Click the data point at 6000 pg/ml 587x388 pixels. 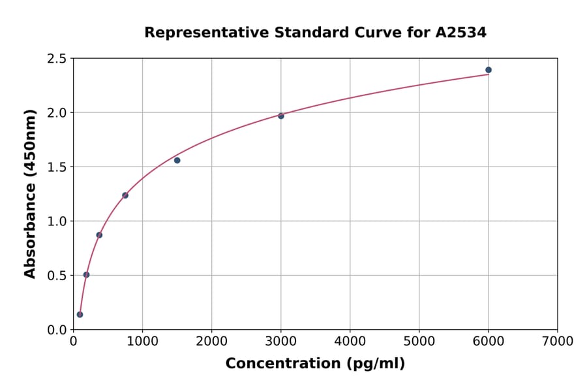pyautogui.click(x=489, y=70)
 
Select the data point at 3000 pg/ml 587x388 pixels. pyautogui.click(x=281, y=116)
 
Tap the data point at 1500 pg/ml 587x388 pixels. pyautogui.click(x=177, y=160)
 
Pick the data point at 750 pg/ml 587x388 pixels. pyautogui.click(x=125, y=195)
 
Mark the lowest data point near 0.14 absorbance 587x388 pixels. pyautogui.click(x=80, y=314)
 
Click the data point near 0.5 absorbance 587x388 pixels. pyautogui.click(x=86, y=274)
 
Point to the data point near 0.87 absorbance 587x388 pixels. pyautogui.click(x=99, y=235)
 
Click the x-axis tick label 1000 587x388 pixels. pyautogui.click(x=142, y=341)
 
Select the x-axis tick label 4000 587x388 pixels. pyautogui.click(x=350, y=341)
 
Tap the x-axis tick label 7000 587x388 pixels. pyautogui.click(x=557, y=341)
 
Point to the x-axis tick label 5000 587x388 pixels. pyautogui.click(x=419, y=341)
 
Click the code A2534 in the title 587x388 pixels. pyautogui.click(x=460, y=32)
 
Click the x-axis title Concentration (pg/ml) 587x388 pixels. pyautogui.click(x=315, y=364)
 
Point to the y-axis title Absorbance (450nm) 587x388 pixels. pyautogui.click(x=30, y=193)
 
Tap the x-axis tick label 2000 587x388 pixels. pyautogui.click(x=211, y=341)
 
